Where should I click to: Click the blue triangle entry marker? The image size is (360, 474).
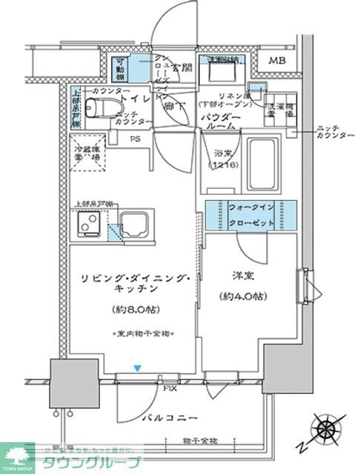pyautogui.click(x=136, y=367)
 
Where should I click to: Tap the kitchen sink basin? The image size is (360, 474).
pyautogui.click(x=134, y=223)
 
